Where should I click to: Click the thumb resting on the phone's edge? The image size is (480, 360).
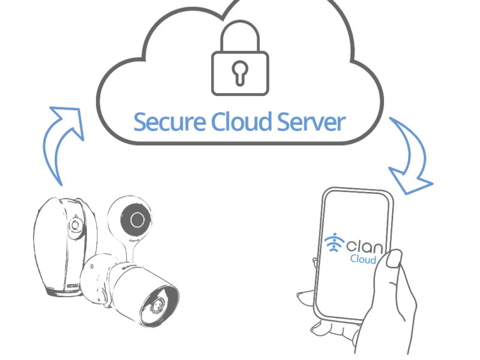click(x=393, y=259)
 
